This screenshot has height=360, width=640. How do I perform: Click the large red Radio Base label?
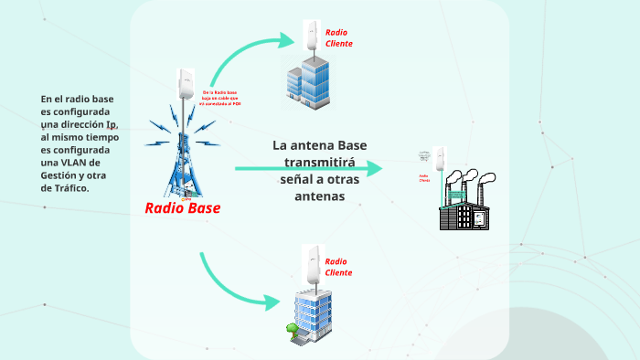[183, 207]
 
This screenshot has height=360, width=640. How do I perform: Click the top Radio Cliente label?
[338, 37]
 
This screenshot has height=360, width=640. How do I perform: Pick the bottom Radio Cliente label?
[337, 267]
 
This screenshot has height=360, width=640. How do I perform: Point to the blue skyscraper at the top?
[305, 79]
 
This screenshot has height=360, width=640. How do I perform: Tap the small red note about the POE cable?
[220, 98]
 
